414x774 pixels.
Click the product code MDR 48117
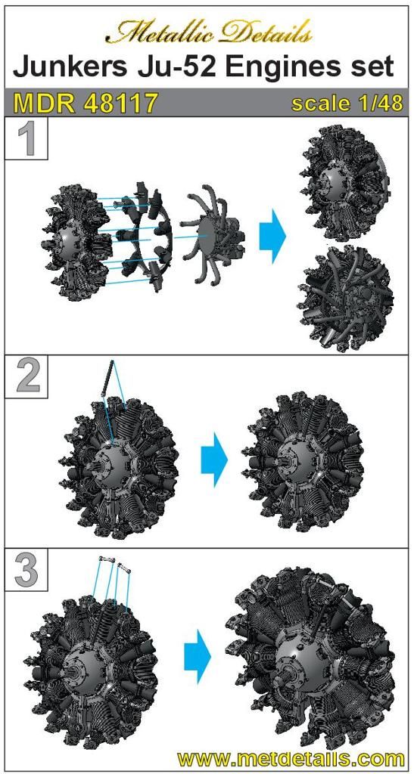click(86, 103)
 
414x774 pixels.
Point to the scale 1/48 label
click(347, 104)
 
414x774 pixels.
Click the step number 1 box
click(26, 139)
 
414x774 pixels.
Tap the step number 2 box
click(26, 376)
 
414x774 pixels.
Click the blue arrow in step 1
click(272, 234)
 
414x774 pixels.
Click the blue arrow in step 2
click(214, 460)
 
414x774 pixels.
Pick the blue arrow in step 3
click(198, 656)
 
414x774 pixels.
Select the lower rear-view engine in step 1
click(348, 299)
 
